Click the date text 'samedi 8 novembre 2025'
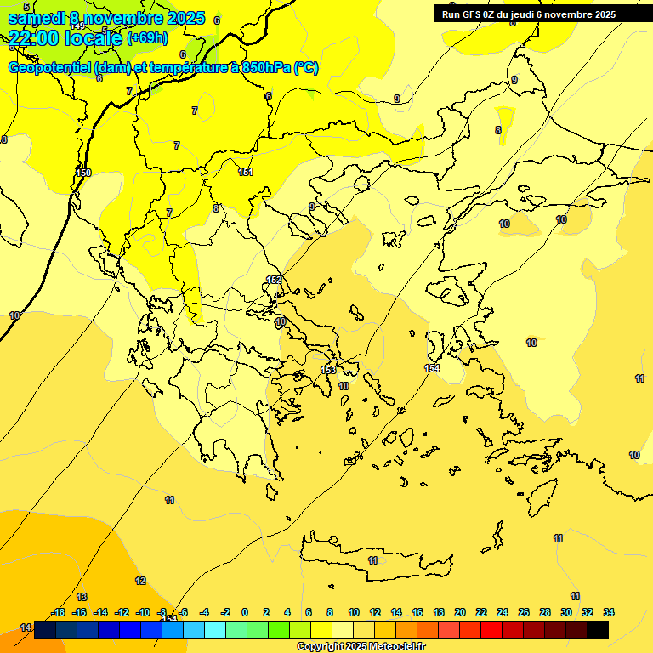106,18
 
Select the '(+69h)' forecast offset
147,38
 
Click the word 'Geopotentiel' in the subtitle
49,68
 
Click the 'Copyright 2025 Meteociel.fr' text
361,647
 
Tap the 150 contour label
83,173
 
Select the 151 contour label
246,173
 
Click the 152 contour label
274,280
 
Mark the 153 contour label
328,370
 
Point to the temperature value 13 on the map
82,597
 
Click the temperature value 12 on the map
140,581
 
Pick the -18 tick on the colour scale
59,612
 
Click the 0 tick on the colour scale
245,612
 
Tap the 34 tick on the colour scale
609,612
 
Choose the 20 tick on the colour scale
459,612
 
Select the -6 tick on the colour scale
184,612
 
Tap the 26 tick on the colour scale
524,612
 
